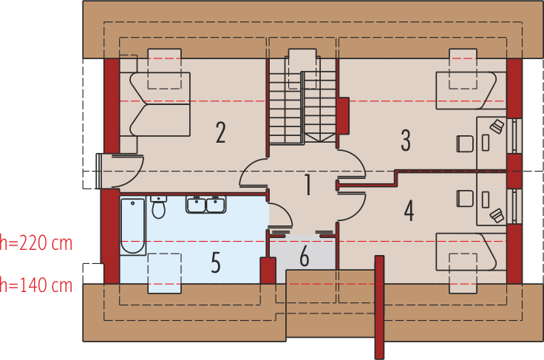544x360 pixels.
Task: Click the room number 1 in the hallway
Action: [x=308, y=184]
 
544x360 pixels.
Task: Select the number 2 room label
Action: [x=220, y=132]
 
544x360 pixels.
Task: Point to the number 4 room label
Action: [x=409, y=211]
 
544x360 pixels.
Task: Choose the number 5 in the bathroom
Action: [x=216, y=262]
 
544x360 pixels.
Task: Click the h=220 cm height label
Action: [x=36, y=242]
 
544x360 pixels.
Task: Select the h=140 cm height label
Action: [x=36, y=284]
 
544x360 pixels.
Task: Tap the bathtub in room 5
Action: [x=133, y=225]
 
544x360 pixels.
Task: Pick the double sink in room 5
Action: [x=205, y=204]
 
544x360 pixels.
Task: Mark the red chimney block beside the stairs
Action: [x=343, y=117]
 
